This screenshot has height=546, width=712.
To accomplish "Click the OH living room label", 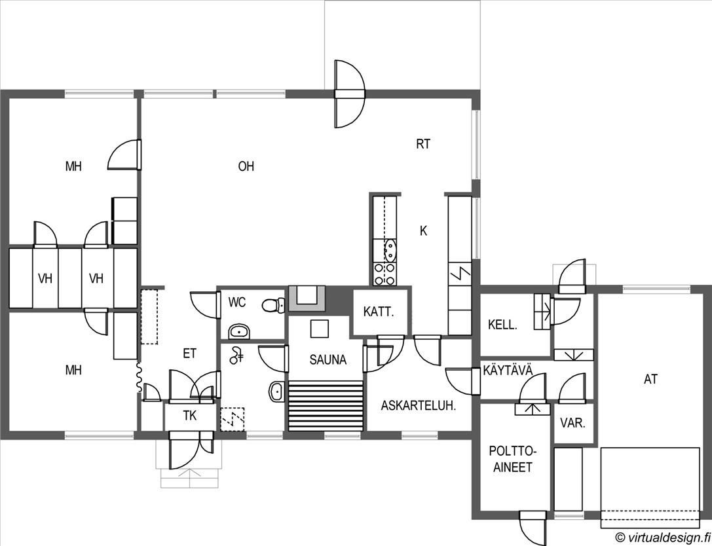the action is [246, 166].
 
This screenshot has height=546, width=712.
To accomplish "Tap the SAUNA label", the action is [328, 360].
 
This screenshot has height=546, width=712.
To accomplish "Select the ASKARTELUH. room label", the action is [418, 406].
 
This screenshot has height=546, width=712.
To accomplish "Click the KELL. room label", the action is [502, 325].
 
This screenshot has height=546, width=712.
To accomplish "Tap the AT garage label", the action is [650, 380].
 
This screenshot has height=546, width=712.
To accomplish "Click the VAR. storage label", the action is [572, 424].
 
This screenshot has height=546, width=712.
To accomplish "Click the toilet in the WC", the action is [273, 304].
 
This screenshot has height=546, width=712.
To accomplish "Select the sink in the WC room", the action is [239, 332].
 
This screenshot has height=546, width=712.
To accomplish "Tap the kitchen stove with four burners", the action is [384, 274].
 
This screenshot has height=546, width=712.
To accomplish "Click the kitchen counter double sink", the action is [390, 251].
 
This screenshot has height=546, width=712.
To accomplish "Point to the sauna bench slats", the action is [326, 406].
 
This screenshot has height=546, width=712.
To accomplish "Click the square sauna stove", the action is [319, 329].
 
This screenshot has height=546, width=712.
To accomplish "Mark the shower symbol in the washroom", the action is [236, 355].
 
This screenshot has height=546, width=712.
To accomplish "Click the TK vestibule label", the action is [190, 416].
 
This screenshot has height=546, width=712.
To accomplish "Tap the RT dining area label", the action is [422, 144].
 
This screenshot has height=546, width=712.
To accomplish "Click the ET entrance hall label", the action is [190, 354].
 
